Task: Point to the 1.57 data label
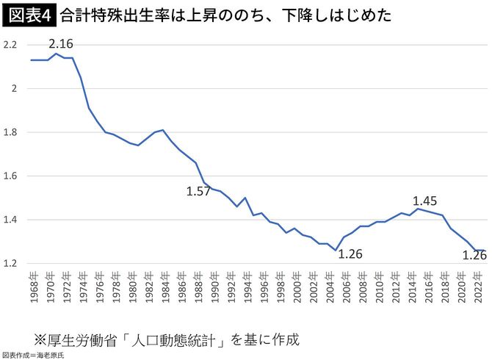pos(199,192)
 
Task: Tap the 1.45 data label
pos(425,200)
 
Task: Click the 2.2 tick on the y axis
pos(10,46)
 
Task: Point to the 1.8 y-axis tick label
pos(10,132)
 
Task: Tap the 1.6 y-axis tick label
pos(10,176)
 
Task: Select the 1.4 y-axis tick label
pos(10,220)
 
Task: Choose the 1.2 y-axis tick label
pos(10,263)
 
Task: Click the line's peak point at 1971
pos(56,54)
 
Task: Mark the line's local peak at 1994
pos(245,198)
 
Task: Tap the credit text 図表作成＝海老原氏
pos(34,355)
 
